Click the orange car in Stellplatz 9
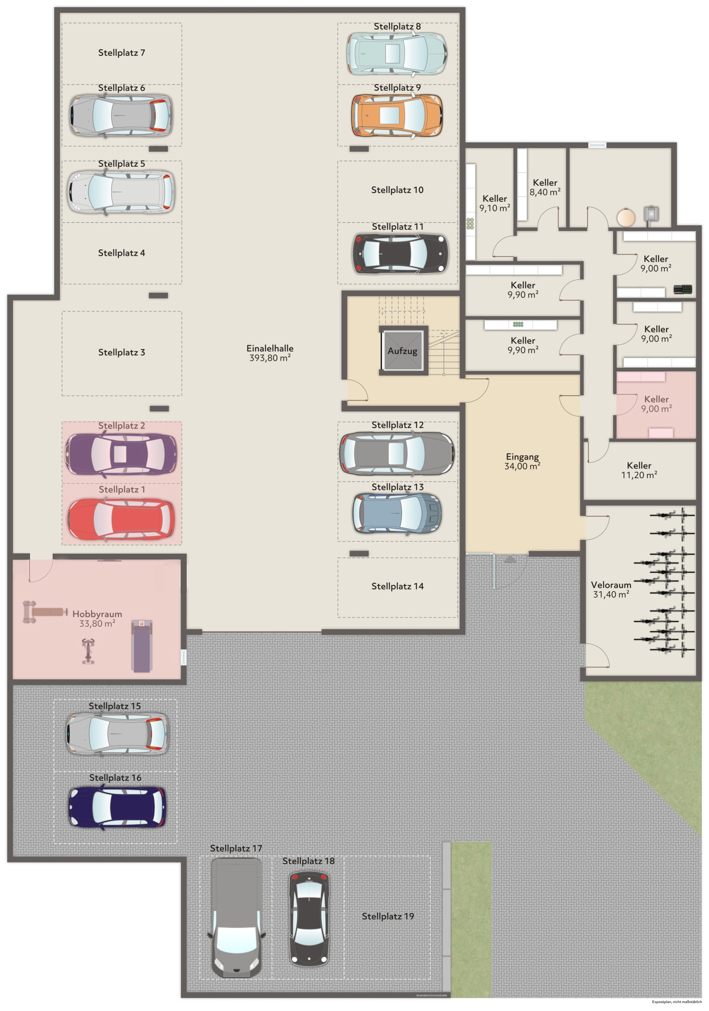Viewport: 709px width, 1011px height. (x=397, y=115)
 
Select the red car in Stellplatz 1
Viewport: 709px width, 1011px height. (x=121, y=519)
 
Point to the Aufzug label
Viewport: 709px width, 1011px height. (x=402, y=351)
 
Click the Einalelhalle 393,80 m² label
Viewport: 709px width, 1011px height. (x=270, y=353)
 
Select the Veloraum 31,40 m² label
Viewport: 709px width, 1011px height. (x=611, y=589)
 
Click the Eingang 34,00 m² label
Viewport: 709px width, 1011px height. (x=522, y=461)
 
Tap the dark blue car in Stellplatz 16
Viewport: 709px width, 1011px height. (x=117, y=807)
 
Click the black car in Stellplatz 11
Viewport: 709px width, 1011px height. (x=400, y=254)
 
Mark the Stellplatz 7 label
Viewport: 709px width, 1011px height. (x=121, y=53)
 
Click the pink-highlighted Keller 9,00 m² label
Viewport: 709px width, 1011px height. (x=656, y=403)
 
